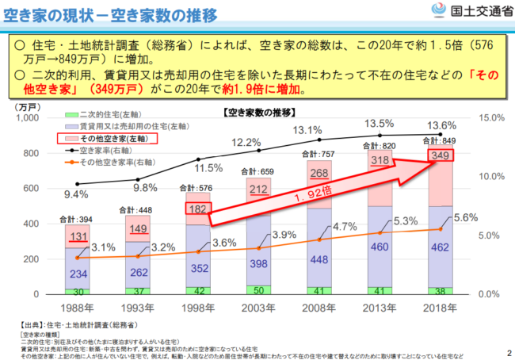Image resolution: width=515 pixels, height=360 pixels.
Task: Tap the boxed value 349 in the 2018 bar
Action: coord(442,158)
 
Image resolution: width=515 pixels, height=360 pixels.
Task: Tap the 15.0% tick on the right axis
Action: coord(490,118)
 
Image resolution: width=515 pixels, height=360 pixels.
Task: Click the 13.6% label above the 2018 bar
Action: coord(441,124)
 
